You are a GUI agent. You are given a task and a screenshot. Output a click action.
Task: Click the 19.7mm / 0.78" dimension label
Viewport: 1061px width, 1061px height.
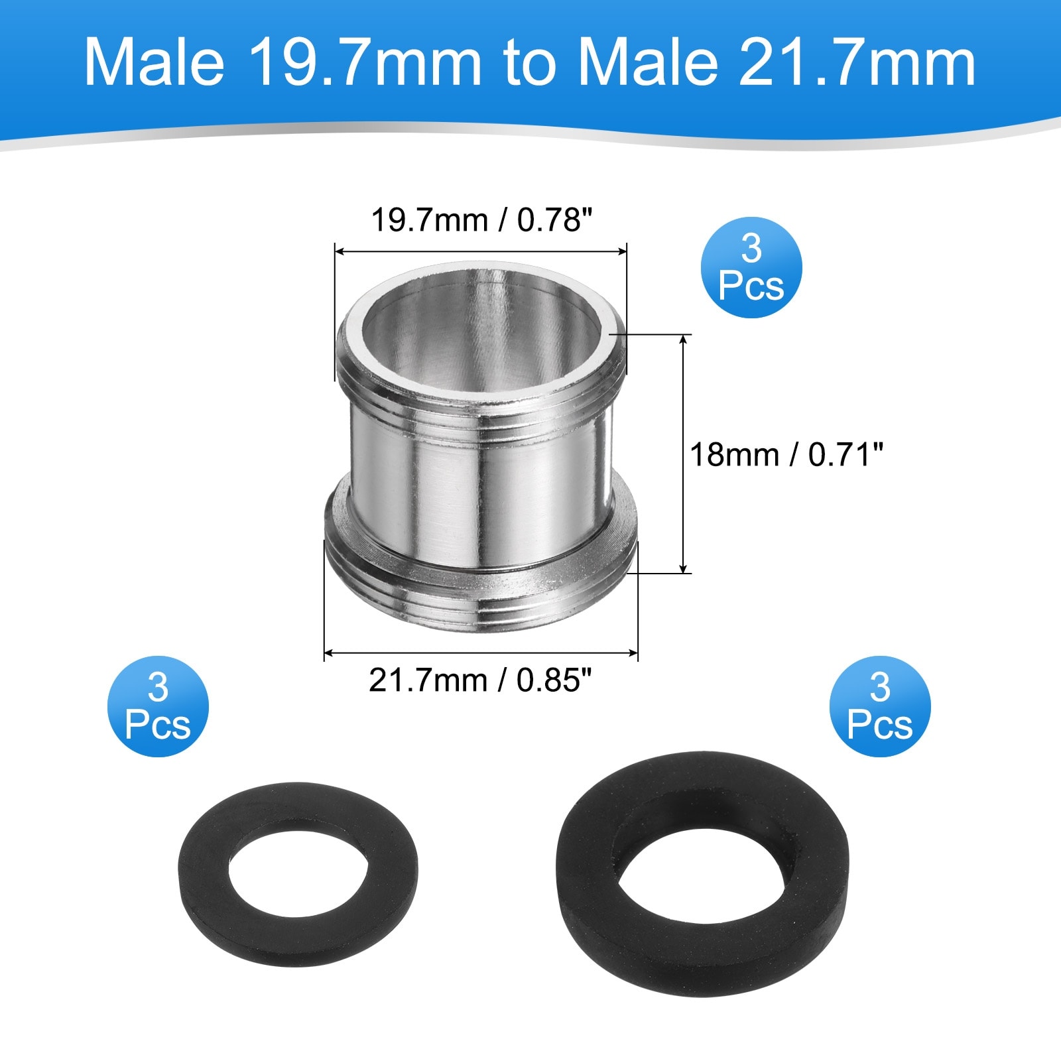point(480,220)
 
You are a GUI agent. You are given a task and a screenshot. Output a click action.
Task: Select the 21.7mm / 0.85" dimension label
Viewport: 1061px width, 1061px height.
point(480,680)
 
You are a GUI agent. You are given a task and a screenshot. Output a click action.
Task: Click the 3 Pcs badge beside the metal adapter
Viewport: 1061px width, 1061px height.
point(751,267)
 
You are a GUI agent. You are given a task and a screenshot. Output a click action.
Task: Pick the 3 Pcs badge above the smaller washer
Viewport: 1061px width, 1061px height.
point(158,706)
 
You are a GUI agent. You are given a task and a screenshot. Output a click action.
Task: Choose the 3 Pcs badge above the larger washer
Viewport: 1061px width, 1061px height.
point(879,706)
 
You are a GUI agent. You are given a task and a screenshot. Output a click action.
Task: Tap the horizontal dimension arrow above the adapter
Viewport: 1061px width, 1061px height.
point(480,251)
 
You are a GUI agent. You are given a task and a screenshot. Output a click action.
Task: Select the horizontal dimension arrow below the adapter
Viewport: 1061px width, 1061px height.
point(480,653)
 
